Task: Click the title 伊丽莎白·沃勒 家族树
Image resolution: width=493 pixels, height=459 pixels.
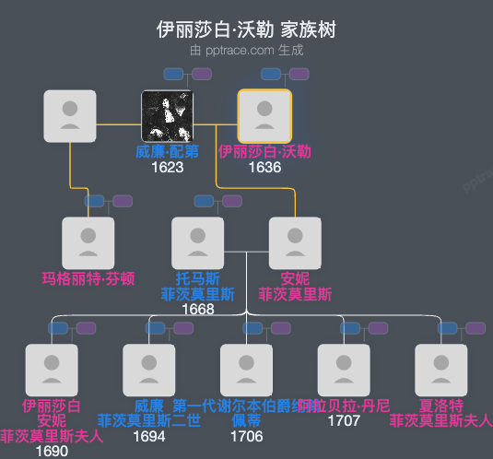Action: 246,29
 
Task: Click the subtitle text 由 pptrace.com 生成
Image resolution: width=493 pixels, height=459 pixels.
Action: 246,50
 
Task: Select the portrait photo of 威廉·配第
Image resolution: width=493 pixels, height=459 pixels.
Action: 168,116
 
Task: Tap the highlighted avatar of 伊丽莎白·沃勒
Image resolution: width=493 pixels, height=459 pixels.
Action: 264,116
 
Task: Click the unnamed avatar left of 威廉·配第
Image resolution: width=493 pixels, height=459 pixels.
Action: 70,116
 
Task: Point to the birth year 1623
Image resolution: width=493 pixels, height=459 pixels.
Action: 168,168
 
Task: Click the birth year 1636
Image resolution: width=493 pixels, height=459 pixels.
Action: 264,168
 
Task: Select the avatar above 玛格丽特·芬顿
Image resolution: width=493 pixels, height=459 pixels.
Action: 88,243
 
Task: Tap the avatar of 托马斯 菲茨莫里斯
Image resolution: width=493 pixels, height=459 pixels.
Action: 198,243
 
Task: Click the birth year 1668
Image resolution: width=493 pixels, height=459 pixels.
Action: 198,309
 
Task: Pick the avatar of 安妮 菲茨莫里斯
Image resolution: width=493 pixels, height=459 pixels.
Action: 295,243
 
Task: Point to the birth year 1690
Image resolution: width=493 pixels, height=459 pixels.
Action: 52,452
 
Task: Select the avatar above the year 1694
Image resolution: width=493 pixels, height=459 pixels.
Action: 149,370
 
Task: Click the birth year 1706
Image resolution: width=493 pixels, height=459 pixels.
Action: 247,436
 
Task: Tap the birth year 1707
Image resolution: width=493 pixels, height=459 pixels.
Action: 344,420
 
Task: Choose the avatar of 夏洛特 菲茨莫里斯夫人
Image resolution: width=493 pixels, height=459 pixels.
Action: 441,370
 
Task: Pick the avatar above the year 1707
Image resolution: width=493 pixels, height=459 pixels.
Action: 344,370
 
